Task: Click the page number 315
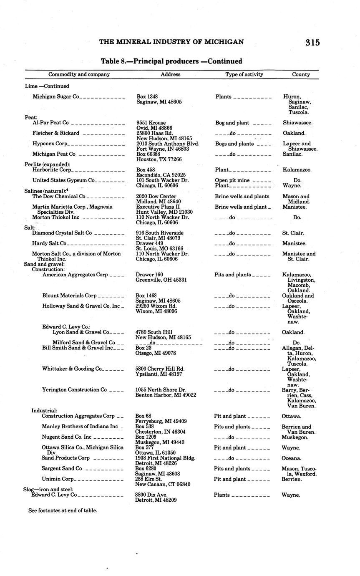(x=312, y=43)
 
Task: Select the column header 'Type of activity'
(x=244, y=74)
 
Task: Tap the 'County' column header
(x=301, y=74)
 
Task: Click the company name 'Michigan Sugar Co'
(x=56, y=97)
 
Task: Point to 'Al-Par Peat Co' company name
(x=50, y=123)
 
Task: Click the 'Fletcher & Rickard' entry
(x=56, y=133)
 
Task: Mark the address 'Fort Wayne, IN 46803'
(x=163, y=149)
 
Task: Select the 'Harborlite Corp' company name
(x=52, y=170)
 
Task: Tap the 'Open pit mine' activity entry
(x=232, y=180)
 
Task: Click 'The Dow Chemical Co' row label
(x=58, y=196)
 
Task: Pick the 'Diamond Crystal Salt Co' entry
(x=62, y=233)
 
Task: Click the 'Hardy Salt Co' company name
(x=49, y=243)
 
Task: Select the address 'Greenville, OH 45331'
(x=161, y=280)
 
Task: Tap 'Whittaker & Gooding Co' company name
(x=72, y=369)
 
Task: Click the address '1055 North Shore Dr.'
(x=161, y=390)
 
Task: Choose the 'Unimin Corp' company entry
(x=58, y=479)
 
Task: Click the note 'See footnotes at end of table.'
(x=63, y=510)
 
